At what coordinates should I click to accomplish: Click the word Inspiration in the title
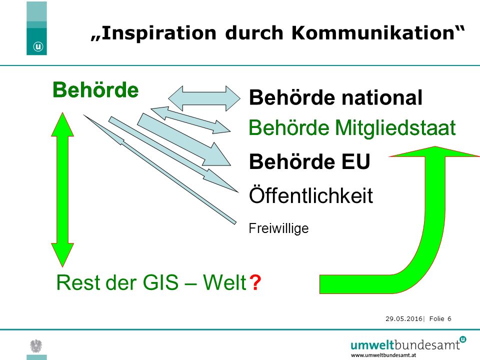[158, 33]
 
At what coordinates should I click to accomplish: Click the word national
[381, 97]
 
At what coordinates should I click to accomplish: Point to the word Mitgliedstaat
[395, 128]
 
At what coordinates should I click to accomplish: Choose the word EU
[355, 161]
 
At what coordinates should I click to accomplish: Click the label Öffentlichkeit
[311, 195]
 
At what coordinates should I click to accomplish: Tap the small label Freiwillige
[278, 228]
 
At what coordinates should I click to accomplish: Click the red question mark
[255, 282]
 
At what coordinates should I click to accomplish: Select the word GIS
[160, 282]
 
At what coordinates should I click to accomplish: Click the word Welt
[224, 282]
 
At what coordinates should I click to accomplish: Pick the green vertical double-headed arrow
[62, 189]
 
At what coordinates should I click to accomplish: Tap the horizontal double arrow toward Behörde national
[204, 98]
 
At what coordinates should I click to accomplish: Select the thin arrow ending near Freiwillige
[160, 169]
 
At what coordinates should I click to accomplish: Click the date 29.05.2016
[404, 318]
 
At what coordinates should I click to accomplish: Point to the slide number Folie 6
[440, 318]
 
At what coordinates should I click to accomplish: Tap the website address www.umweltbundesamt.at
[383, 355]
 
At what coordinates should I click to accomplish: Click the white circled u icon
[38, 46]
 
